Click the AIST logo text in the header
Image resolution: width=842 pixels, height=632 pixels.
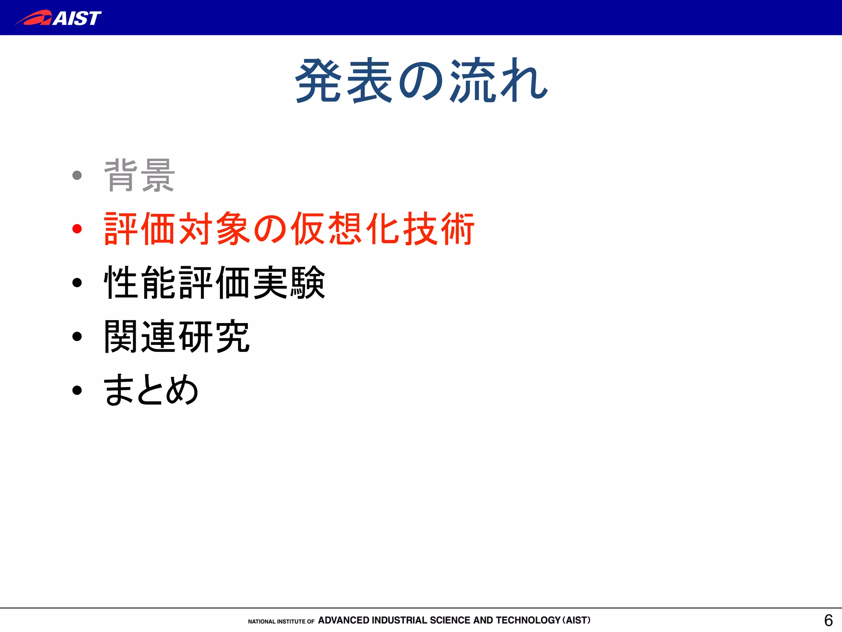(77, 18)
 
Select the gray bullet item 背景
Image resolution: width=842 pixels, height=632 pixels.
(139, 176)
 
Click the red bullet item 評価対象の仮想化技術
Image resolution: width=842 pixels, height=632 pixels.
(289, 229)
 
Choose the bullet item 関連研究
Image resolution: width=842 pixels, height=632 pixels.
(177, 336)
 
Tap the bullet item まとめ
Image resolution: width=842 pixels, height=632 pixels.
(151, 390)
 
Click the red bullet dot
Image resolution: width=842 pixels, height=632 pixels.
(77, 229)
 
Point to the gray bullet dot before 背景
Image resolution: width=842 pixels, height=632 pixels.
(77, 176)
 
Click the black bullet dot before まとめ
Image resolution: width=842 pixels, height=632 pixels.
(77, 390)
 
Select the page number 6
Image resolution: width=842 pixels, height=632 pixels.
(828, 620)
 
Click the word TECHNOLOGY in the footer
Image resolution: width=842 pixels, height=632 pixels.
(528, 620)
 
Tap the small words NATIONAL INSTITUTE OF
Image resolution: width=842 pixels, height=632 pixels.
(281, 621)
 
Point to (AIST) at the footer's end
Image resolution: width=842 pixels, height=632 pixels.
(576, 620)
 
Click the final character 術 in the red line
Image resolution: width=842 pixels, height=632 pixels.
(457, 229)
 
